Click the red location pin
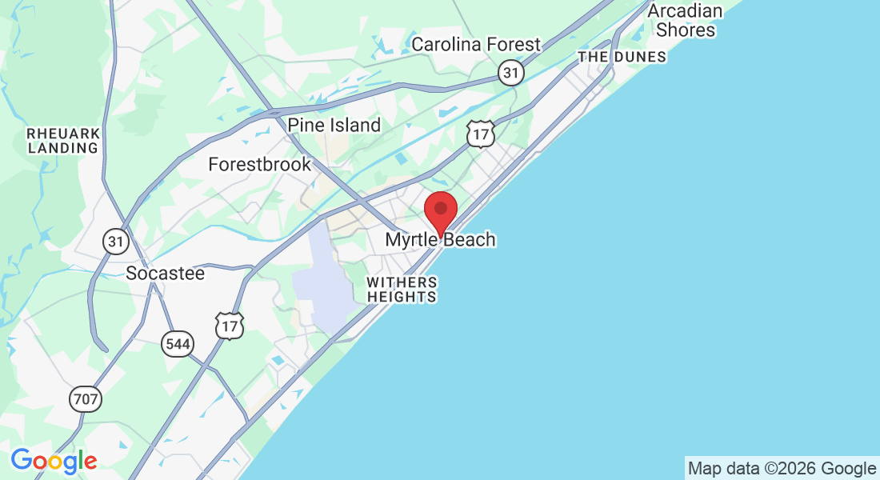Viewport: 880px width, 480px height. click(x=440, y=210)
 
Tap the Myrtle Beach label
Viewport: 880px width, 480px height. click(x=440, y=239)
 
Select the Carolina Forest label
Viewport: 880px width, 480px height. click(x=476, y=44)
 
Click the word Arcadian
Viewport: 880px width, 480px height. click(x=685, y=11)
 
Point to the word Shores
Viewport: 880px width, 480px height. click(x=686, y=30)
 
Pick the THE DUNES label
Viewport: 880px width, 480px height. click(x=622, y=57)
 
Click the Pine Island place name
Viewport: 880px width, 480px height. click(x=334, y=125)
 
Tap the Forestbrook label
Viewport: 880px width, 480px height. click(x=259, y=165)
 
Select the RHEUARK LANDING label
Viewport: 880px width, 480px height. click(x=63, y=140)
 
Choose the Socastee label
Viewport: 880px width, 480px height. click(x=166, y=274)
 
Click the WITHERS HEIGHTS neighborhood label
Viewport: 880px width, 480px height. click(x=402, y=290)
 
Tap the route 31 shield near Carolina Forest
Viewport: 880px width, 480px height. click(x=510, y=74)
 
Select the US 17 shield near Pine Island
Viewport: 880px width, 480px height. click(x=480, y=134)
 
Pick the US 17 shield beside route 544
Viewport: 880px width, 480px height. click(x=229, y=325)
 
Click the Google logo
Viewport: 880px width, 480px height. click(x=54, y=461)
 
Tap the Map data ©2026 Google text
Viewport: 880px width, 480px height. click(x=782, y=469)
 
